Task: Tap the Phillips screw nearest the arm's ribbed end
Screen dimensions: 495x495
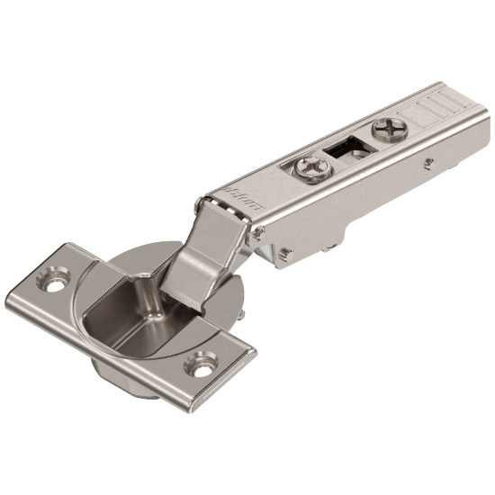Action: pos(391,130)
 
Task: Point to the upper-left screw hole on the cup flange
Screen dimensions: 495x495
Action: pos(58,280)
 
